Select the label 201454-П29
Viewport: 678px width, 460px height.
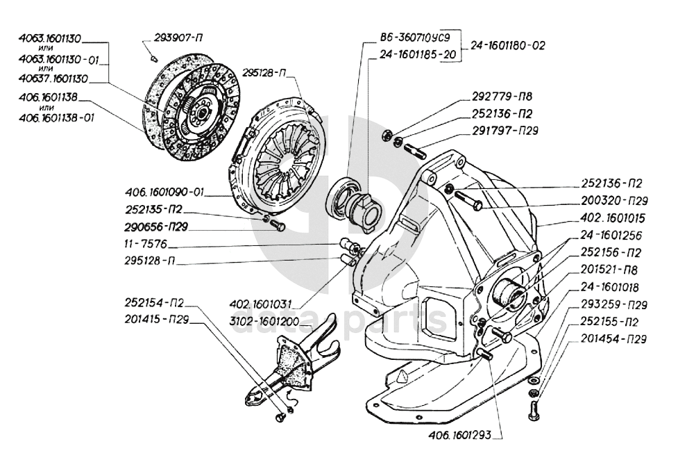tap(616, 339)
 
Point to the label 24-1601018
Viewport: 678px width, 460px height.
tap(610, 286)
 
